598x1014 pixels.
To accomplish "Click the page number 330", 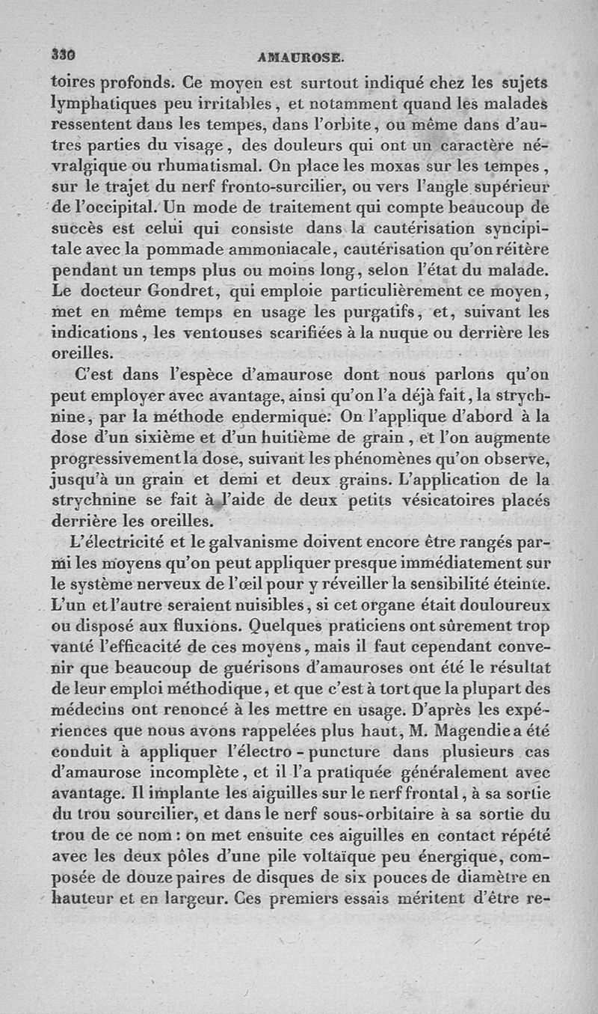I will (x=64, y=55).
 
